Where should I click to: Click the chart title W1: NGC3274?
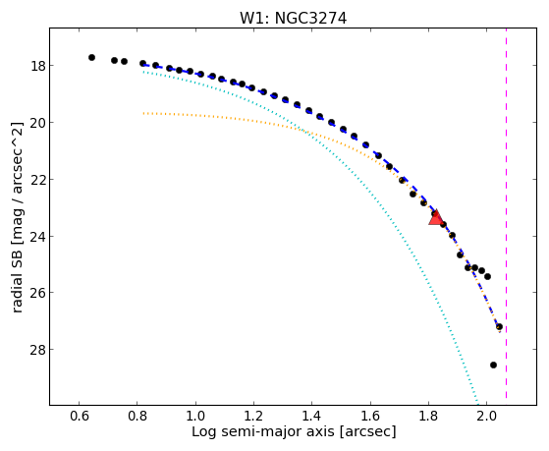[x=293, y=19]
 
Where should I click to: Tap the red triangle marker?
[x=435, y=218]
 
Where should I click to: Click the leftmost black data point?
[x=91, y=57]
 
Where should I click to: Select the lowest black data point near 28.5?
[x=493, y=366]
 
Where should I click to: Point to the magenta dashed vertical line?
[x=507, y=213]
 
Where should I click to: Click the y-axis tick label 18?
[x=37, y=66]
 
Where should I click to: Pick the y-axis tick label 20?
[x=37, y=122]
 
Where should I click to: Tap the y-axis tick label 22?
[x=37, y=180]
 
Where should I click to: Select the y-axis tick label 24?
[x=37, y=236]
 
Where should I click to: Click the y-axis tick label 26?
[x=37, y=292]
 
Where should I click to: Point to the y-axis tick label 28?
[x=37, y=350]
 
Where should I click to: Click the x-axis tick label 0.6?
[x=80, y=416]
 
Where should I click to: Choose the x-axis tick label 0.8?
[x=137, y=416]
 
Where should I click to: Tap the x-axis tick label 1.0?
[x=195, y=416]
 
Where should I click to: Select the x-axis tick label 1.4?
[x=312, y=416]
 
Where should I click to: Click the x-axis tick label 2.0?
[x=487, y=416]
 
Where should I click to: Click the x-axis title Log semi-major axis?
[x=263, y=431]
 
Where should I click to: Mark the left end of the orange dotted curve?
[x=143, y=113]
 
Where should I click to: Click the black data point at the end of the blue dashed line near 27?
[x=499, y=326]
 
